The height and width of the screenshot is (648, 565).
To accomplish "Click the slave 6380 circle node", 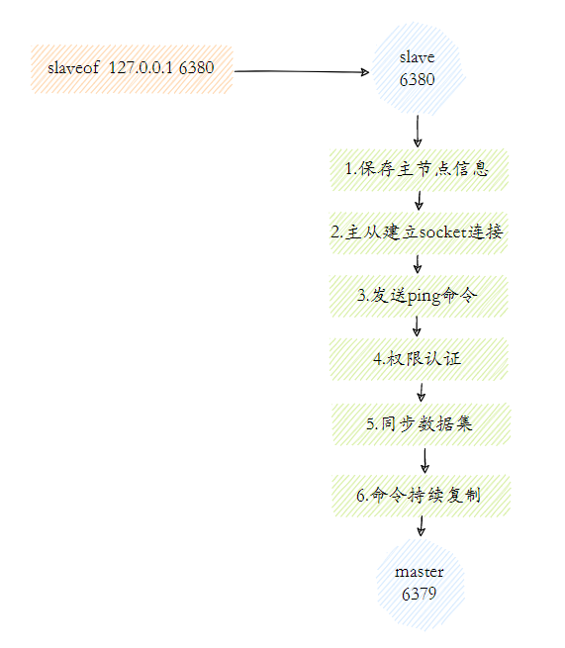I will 417,68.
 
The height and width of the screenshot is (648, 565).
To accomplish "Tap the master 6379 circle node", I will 419,583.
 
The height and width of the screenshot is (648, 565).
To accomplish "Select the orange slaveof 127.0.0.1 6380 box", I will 132,69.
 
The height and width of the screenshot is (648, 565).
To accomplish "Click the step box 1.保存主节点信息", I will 419,169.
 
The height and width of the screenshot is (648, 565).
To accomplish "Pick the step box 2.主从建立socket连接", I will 419,232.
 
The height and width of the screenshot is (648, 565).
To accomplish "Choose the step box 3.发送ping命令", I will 419,296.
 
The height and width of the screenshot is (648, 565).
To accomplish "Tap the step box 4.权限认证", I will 419,359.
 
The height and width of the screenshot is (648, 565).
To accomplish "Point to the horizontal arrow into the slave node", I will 302,71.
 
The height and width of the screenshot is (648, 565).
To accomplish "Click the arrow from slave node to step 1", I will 419,131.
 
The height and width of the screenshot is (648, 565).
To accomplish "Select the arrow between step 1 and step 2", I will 419,201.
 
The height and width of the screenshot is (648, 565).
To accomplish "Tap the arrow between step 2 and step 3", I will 419,264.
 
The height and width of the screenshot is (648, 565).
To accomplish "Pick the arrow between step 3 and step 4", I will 419,327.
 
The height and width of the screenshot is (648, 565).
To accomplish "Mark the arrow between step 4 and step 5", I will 422,392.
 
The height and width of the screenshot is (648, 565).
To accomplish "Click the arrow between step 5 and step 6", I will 424,460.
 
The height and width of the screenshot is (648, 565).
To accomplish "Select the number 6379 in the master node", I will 419,594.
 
